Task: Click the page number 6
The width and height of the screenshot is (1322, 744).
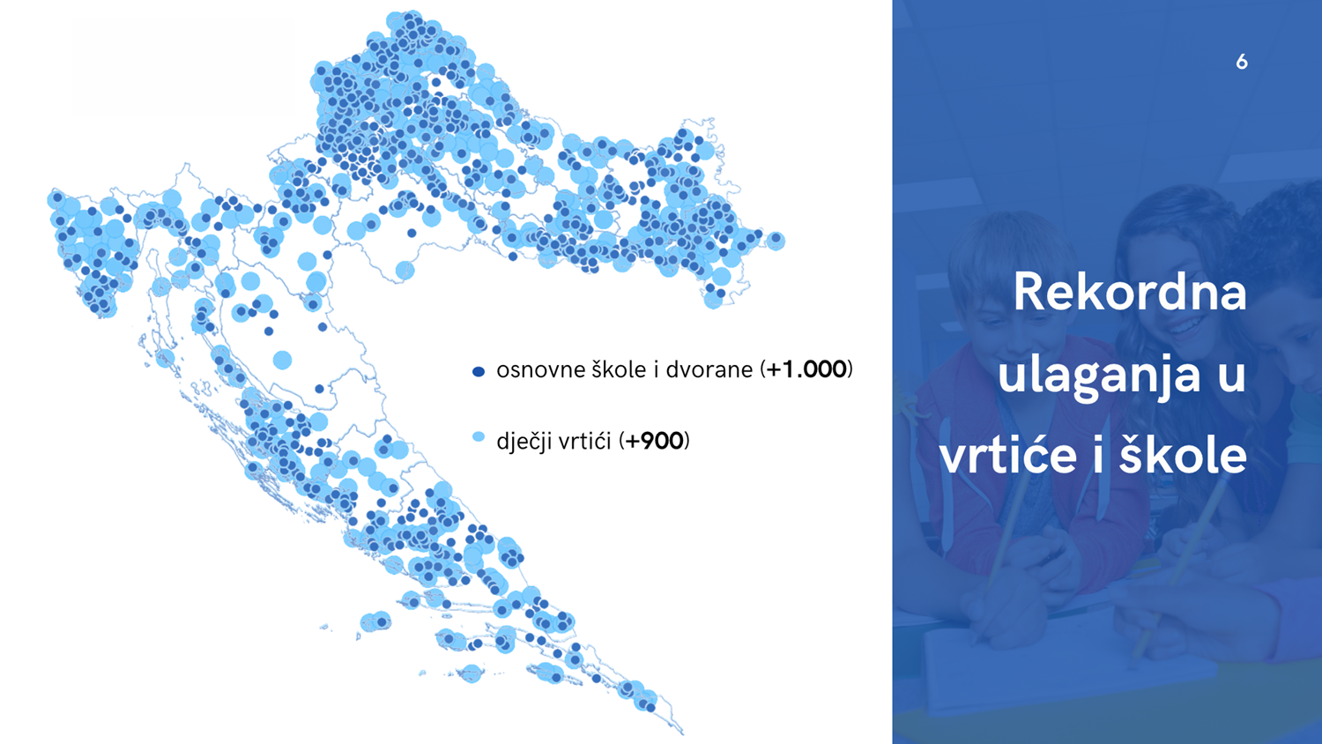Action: [x=1242, y=62]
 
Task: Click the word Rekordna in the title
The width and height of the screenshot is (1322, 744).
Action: [x=1130, y=293]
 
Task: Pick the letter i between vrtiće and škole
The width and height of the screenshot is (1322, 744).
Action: [x=1097, y=454]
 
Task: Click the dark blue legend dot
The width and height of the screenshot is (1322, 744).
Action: [x=479, y=371]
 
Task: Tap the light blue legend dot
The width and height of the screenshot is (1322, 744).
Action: [x=479, y=437]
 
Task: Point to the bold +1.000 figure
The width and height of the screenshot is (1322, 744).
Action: [x=806, y=369]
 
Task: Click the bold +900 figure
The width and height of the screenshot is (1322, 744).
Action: [x=654, y=441]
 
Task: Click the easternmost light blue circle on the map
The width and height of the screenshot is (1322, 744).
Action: [x=776, y=241]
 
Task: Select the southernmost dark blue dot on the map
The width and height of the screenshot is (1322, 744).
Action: [x=650, y=707]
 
